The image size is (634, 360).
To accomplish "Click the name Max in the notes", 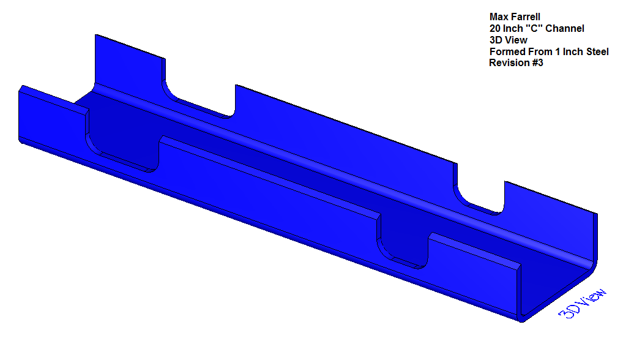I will click(499, 17).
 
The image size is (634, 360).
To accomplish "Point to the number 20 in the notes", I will click(495, 29).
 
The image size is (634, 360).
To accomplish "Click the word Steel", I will click(597, 52).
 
